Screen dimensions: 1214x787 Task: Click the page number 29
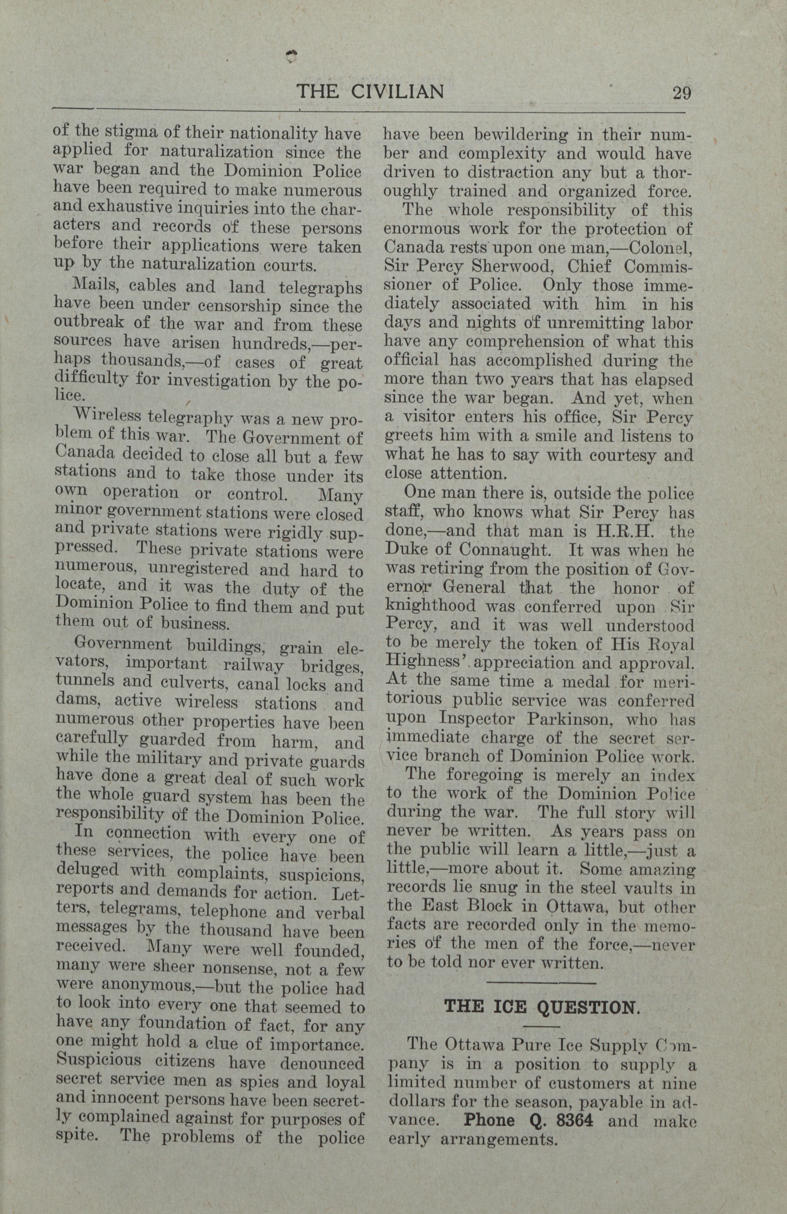coord(682,94)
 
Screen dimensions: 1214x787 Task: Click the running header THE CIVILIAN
coord(370,92)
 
